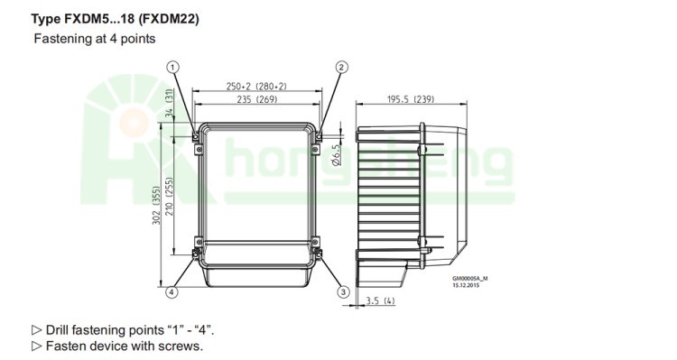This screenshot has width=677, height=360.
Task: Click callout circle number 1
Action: (172, 68)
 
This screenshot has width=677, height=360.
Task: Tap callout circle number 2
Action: (341, 68)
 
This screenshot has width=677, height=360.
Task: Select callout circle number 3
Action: (343, 292)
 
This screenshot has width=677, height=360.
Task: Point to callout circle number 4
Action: (172, 292)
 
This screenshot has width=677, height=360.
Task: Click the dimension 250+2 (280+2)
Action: (256, 87)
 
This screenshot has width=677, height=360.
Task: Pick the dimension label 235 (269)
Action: (257, 99)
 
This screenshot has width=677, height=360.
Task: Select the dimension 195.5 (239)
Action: (411, 99)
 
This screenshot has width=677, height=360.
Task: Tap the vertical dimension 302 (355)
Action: (156, 205)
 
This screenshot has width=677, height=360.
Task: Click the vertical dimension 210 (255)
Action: (170, 197)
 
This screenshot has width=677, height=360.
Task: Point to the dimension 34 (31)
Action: (170, 102)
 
